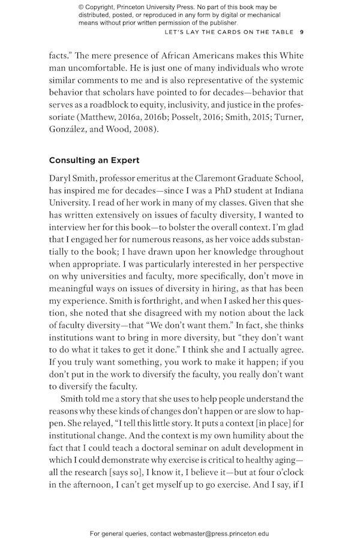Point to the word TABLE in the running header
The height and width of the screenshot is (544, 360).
[x=280, y=32]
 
